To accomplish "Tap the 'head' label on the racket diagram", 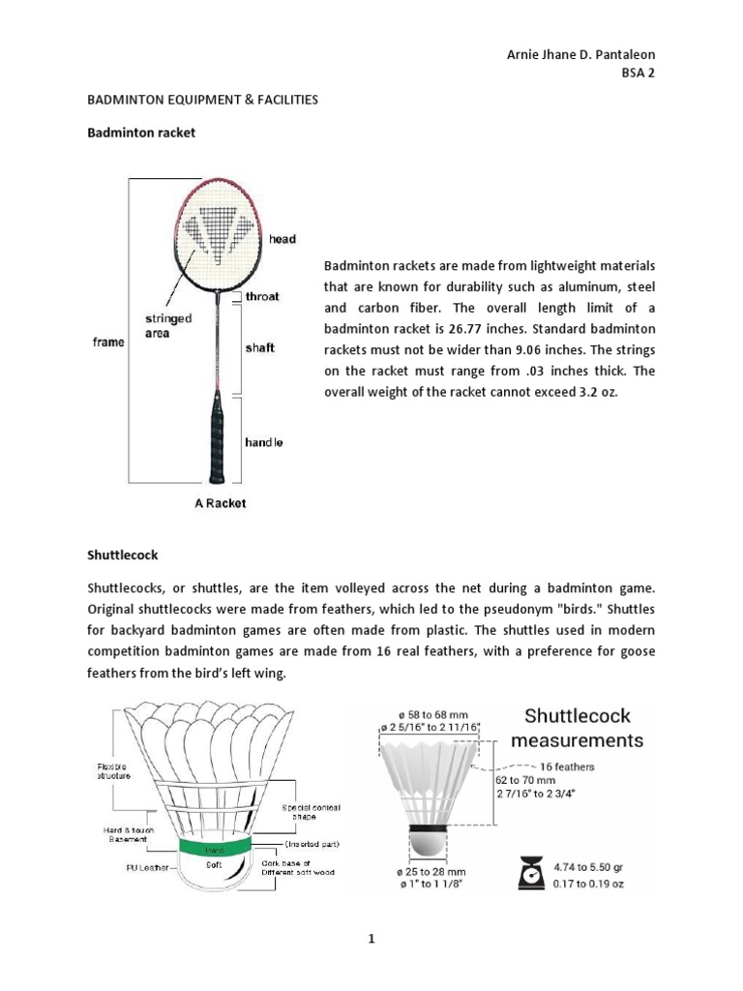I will click(x=282, y=239).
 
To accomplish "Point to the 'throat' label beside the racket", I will click(x=262, y=297).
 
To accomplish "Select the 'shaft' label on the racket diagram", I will click(x=259, y=347).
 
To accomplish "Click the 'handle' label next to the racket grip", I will click(x=263, y=442).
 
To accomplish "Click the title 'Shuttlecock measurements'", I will click(x=577, y=728).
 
